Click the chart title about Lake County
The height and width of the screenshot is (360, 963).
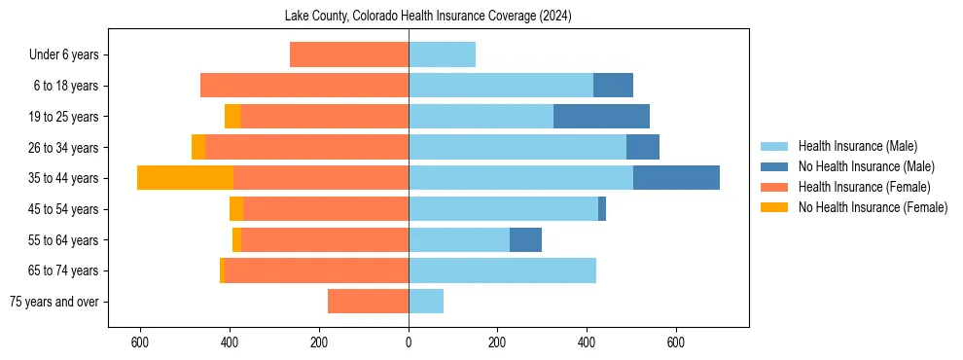428,17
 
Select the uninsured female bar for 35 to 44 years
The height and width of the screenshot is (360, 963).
185,178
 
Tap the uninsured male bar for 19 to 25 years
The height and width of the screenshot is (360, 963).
601,117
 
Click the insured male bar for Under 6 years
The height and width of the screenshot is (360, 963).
442,55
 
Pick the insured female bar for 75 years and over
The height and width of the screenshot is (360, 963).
368,302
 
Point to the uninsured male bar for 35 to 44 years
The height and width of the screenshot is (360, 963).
676,178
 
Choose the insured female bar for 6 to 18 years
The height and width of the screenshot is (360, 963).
304,86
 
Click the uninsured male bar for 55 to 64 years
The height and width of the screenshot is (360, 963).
525,240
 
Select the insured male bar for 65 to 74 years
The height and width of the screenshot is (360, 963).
502,270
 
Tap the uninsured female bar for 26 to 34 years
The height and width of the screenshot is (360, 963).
198,147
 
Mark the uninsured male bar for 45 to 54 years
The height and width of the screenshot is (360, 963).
602,209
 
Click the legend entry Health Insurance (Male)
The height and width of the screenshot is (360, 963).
857,146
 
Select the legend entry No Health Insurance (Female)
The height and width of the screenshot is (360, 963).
873,207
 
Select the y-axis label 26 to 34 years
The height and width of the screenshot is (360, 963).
64,147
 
